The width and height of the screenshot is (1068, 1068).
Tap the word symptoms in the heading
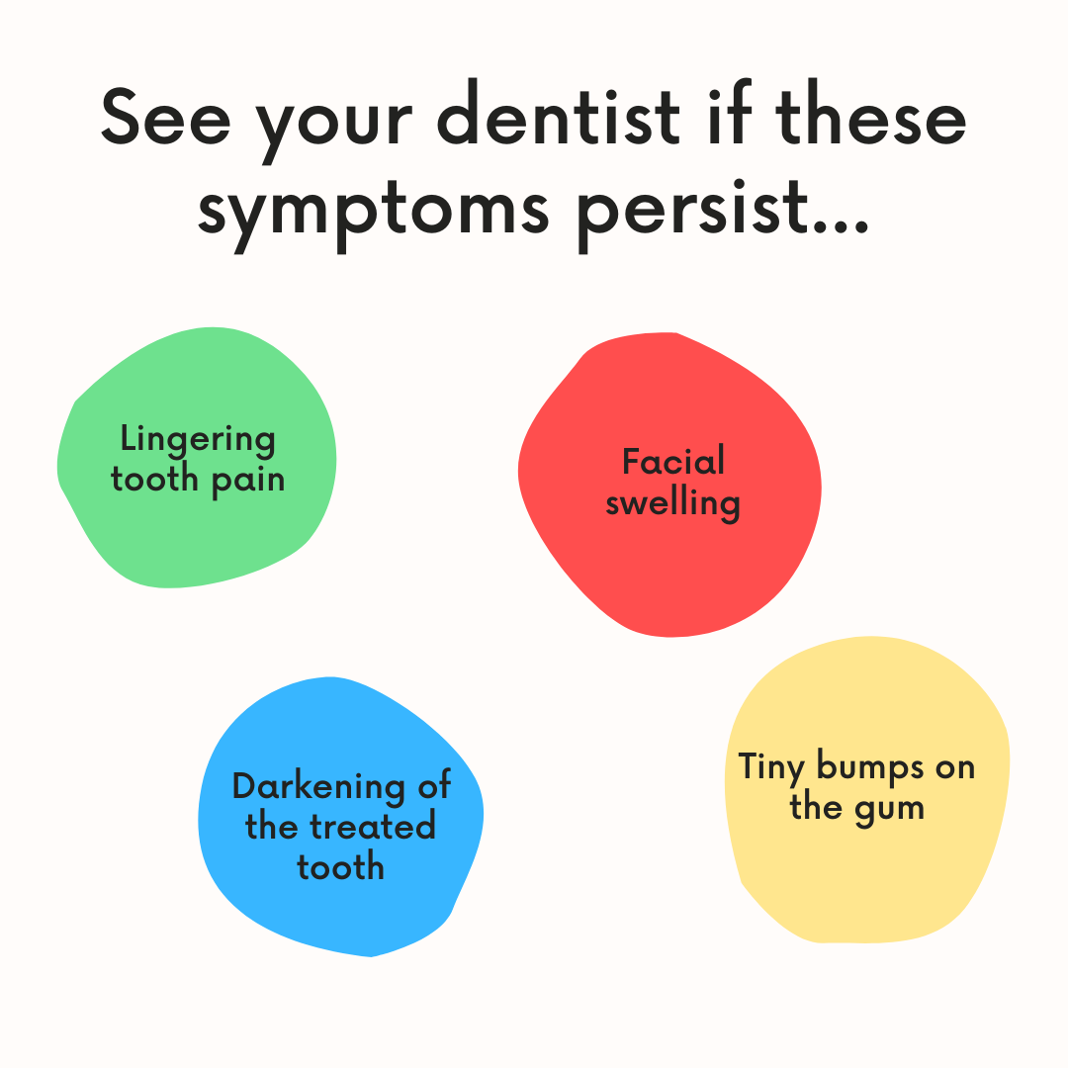pyautogui.click(x=373, y=211)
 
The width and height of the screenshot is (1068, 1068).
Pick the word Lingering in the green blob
pyautogui.click(x=198, y=440)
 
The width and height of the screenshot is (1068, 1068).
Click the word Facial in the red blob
pyautogui.click(x=673, y=461)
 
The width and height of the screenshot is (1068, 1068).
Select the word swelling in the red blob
pyautogui.click(x=673, y=503)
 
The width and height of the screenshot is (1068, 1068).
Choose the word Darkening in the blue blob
pyautogui.click(x=318, y=786)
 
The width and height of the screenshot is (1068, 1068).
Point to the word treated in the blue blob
pyautogui.click(x=374, y=827)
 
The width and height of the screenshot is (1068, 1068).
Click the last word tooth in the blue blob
pyautogui.click(x=340, y=867)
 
